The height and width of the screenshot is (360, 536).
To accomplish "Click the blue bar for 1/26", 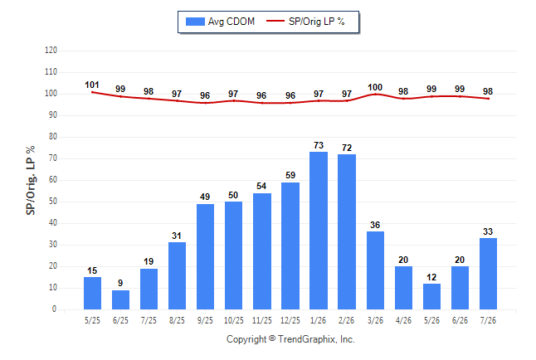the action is point(319,231).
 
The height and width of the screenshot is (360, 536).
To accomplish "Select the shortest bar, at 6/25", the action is point(120,299).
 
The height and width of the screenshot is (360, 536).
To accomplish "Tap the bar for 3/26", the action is point(375,270).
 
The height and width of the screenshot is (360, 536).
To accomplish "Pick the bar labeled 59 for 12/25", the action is point(290,246).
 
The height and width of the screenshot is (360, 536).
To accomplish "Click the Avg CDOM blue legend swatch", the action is point(195,22).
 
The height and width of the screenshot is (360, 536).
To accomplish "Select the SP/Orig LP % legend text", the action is point(317,22).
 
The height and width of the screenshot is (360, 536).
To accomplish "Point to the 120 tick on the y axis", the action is point(51,51).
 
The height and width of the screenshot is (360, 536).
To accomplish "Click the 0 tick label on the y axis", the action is point(54,309).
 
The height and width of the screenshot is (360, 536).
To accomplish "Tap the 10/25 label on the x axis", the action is point(234,320).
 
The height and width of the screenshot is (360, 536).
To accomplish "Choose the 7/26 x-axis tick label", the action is point(488,320).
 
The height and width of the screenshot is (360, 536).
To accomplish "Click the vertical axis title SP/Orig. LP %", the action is point(31,180).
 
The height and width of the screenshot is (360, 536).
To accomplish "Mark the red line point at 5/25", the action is point(92,92).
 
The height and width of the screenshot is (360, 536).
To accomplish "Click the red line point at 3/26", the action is point(375,94).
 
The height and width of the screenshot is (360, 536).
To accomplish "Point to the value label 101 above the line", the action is point(92,85).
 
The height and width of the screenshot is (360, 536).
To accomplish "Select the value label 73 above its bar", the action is point(319,145).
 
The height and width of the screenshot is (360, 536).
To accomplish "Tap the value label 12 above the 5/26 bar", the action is point(431,277).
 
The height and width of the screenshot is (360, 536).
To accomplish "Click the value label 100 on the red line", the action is point(375,88).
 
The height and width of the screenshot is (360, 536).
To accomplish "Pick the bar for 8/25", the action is point(177,276).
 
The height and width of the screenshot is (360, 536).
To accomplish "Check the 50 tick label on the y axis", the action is point(53,202).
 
